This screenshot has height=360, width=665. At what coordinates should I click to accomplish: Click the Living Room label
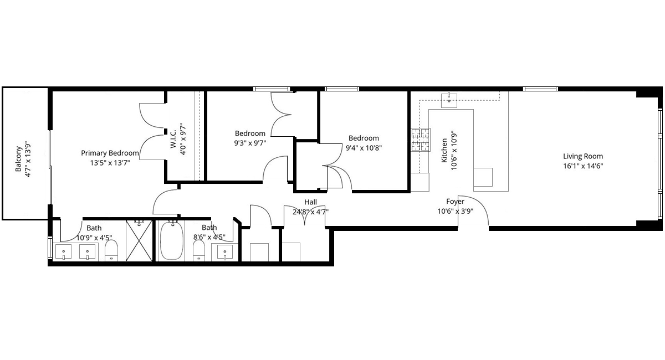point(583,156)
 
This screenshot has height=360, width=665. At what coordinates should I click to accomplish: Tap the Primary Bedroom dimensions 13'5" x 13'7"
point(110,163)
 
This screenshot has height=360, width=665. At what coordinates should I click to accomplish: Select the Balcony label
point(18,158)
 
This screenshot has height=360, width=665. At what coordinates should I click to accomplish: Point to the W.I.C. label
point(173,138)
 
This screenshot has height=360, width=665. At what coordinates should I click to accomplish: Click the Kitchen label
point(444,151)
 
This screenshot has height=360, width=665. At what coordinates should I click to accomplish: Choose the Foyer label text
point(455,202)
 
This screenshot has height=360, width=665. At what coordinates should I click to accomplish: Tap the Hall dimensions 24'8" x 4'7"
point(310,212)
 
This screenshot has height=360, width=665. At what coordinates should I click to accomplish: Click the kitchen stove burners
point(421,140)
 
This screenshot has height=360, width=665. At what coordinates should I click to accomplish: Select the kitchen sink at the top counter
point(449,101)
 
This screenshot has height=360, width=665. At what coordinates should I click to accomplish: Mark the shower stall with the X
point(139,240)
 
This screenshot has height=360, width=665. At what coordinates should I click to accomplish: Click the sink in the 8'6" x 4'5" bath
point(225,252)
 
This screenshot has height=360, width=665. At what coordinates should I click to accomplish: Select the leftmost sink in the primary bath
point(64,251)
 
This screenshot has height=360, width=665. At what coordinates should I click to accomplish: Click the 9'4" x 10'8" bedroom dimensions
point(364,148)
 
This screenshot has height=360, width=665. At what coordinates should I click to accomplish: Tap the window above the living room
point(540,89)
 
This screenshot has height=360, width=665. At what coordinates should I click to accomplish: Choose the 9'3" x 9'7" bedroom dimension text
point(250,143)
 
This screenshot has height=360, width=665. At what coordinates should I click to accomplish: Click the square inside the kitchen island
point(483,177)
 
